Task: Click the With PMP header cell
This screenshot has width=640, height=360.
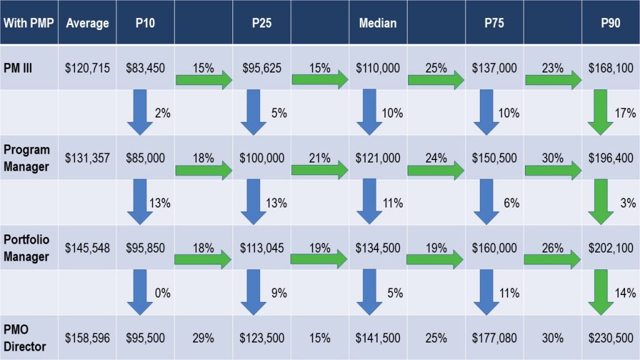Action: point(29,23)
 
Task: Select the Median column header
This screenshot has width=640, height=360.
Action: point(377,23)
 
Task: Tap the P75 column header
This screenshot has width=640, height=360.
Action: point(494,23)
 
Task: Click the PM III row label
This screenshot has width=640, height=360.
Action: point(19,67)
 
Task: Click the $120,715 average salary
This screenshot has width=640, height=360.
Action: point(87,67)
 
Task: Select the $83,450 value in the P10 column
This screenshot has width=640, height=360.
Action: point(145,67)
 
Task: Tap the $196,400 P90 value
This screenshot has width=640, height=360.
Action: point(611,158)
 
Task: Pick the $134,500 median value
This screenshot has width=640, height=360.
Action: point(378,248)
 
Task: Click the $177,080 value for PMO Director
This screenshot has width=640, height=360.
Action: point(494,338)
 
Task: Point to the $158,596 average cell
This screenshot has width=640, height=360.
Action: point(87,338)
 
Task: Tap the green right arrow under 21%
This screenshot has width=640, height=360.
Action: point(320,169)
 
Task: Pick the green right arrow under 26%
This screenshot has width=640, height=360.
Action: point(553,259)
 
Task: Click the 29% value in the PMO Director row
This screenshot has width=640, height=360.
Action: point(203,338)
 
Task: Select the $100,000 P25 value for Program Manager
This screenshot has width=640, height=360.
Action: point(261,158)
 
